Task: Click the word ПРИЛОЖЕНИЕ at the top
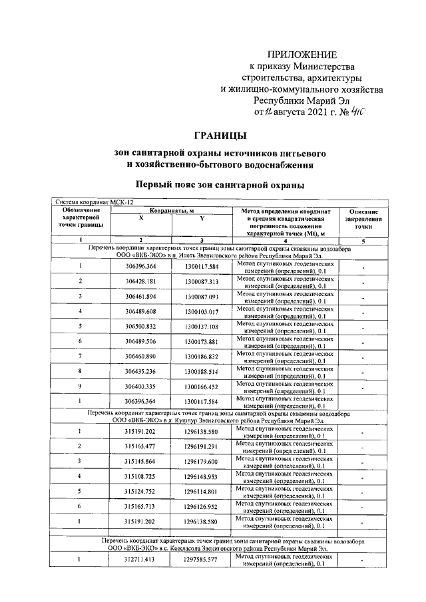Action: [x=302, y=54]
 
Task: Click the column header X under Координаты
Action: [x=140, y=218]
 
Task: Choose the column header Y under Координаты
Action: [x=201, y=218]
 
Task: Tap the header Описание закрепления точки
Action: [x=363, y=219]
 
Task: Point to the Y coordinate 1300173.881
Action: [x=201, y=342]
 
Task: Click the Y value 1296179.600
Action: [x=201, y=461]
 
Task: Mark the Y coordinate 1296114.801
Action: [x=201, y=492]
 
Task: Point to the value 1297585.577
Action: [x=201, y=560]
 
